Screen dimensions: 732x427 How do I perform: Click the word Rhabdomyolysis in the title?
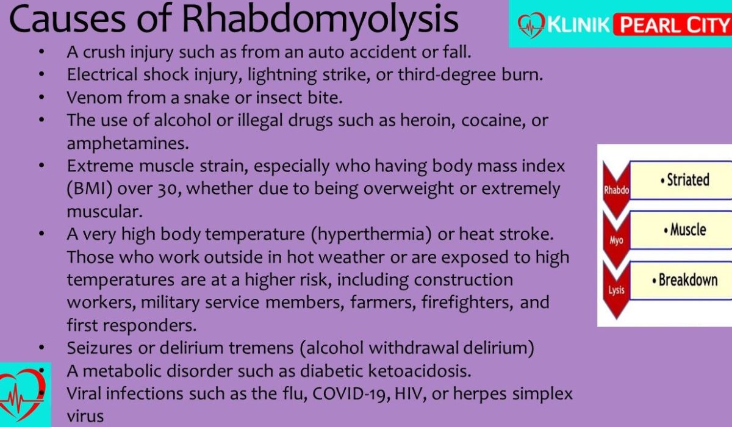point(320,20)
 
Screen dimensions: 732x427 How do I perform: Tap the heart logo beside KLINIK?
point(531,25)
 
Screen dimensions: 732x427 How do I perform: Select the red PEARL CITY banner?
point(672,25)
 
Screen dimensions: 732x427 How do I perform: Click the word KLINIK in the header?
point(578,25)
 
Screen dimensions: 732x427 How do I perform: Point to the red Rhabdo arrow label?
point(616,190)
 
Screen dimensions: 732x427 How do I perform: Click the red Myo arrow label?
point(616,240)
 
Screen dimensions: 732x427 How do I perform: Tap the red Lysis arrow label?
point(616,290)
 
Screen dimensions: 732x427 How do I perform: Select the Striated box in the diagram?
point(681,180)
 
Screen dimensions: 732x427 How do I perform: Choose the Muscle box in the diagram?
point(681,230)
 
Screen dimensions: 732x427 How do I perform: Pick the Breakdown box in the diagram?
point(681,280)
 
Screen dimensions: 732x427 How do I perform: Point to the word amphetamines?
point(127,143)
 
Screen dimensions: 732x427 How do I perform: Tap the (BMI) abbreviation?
point(89,189)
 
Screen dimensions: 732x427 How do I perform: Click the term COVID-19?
point(351,393)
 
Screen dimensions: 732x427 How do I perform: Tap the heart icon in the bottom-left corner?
point(22,394)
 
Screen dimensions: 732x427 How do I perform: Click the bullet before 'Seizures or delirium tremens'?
point(41,348)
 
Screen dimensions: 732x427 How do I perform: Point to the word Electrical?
point(102,74)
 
